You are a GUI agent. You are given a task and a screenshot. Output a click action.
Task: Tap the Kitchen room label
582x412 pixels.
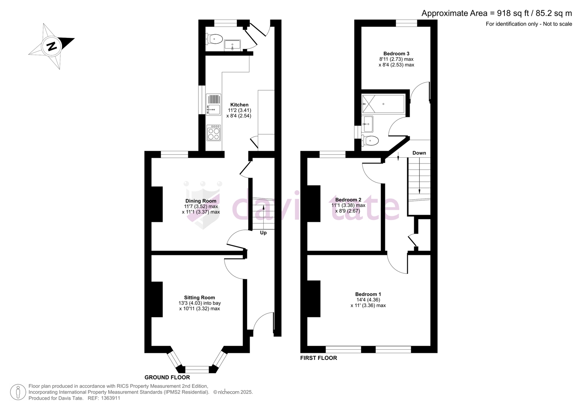[x=239, y=105]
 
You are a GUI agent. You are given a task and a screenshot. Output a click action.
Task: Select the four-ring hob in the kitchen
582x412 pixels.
[x=214, y=133]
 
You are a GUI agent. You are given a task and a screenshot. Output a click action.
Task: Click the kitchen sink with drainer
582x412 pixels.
[x=214, y=105]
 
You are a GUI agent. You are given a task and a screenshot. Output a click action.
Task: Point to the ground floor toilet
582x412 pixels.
[x=214, y=39]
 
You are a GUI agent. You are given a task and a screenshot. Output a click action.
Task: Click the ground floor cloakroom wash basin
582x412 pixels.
[x=232, y=45]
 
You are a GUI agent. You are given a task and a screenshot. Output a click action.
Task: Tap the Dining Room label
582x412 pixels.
[x=201, y=201]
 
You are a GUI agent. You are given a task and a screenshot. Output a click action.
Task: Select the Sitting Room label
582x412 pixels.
[x=200, y=298]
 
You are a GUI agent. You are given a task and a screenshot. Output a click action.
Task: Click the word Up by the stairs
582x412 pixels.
[x=263, y=233]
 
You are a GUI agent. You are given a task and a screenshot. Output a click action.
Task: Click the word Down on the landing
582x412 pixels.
[x=419, y=153]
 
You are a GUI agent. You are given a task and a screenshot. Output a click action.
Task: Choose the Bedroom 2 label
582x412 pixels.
[x=348, y=200]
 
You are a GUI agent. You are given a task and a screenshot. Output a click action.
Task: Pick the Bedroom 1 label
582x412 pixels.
[x=368, y=294]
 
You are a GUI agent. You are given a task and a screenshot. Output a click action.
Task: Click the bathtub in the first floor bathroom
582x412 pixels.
[x=383, y=104]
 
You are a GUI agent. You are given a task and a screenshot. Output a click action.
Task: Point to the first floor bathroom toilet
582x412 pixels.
[x=370, y=141]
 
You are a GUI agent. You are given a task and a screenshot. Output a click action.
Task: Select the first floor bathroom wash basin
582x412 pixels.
[x=367, y=124]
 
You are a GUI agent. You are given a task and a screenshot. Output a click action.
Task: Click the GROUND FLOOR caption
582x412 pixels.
[x=167, y=377]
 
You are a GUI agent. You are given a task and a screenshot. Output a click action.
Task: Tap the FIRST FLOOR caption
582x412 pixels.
[x=319, y=358]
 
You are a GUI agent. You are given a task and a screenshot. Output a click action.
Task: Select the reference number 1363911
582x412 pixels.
[x=110, y=398]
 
